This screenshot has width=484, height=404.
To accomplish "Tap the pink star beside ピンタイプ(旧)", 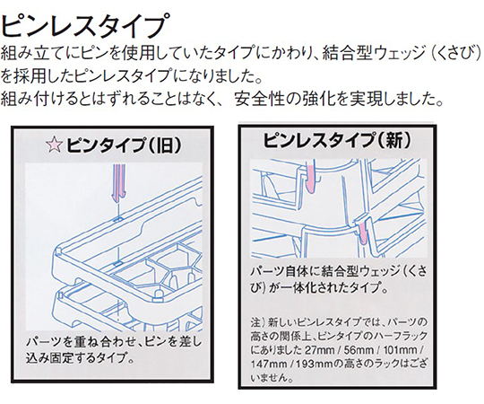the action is coord(54,145).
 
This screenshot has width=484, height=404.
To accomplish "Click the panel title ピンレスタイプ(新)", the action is coord(337,140).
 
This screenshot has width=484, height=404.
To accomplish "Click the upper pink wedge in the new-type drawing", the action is coord(310,177).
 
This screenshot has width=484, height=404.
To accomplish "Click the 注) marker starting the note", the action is coord(258,322).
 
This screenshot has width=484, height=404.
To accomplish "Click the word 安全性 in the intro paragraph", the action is coord(259,100).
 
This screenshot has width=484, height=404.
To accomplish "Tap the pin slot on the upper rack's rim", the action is coord(117,219).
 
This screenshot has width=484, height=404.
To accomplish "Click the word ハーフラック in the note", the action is coord(396,337).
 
